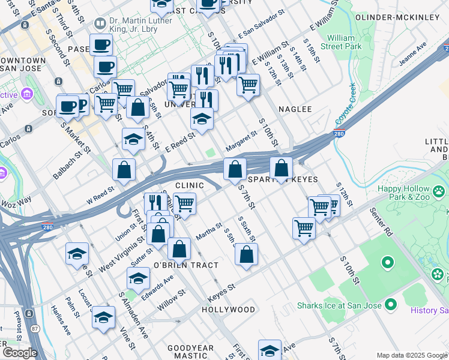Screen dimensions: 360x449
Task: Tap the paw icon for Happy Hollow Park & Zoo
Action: [x=439, y=191]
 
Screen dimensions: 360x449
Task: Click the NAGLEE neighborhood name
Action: [x=295, y=109]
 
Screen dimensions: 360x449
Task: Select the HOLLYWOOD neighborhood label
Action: [x=229, y=310]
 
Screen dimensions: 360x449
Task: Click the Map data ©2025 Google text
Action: [x=412, y=355]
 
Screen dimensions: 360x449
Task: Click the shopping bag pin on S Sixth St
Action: [x=246, y=254]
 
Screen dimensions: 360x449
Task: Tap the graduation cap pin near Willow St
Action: [x=103, y=317]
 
